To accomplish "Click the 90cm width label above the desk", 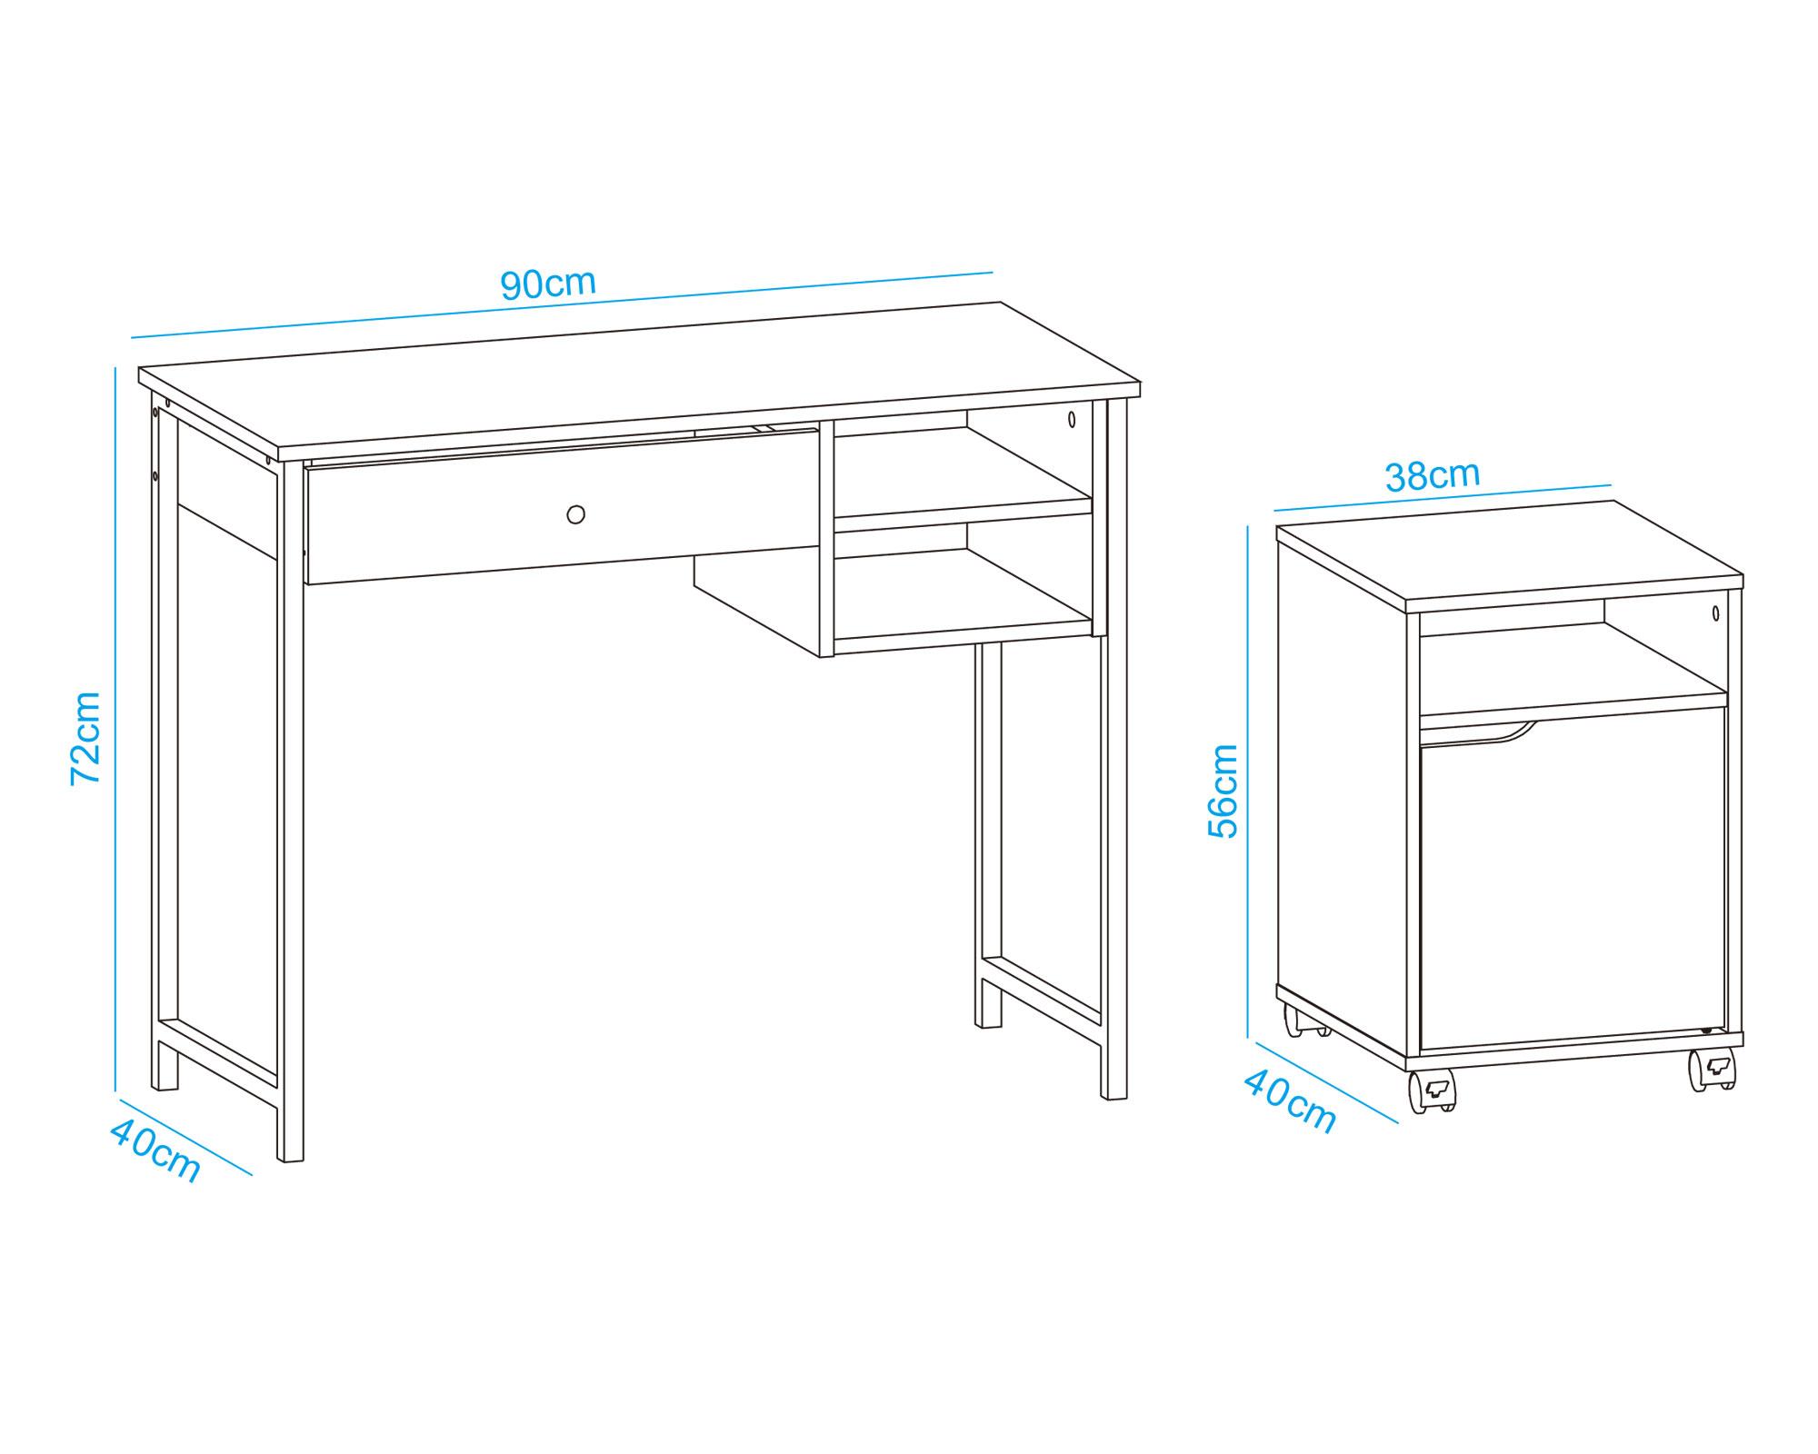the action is point(548,284).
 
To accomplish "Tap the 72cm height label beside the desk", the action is point(86,738).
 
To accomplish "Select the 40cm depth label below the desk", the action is point(155,1150).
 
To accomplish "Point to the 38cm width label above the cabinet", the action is point(1433,475).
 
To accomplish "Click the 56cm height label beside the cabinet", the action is point(1224,791).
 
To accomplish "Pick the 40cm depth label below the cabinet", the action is point(1289,1101).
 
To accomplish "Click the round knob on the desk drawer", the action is point(575,514).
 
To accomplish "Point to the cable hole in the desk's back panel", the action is point(1072,419).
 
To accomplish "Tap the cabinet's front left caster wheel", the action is point(1432,1090).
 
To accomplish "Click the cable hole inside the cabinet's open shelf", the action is point(1715,612).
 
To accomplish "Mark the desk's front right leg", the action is point(1114,750).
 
